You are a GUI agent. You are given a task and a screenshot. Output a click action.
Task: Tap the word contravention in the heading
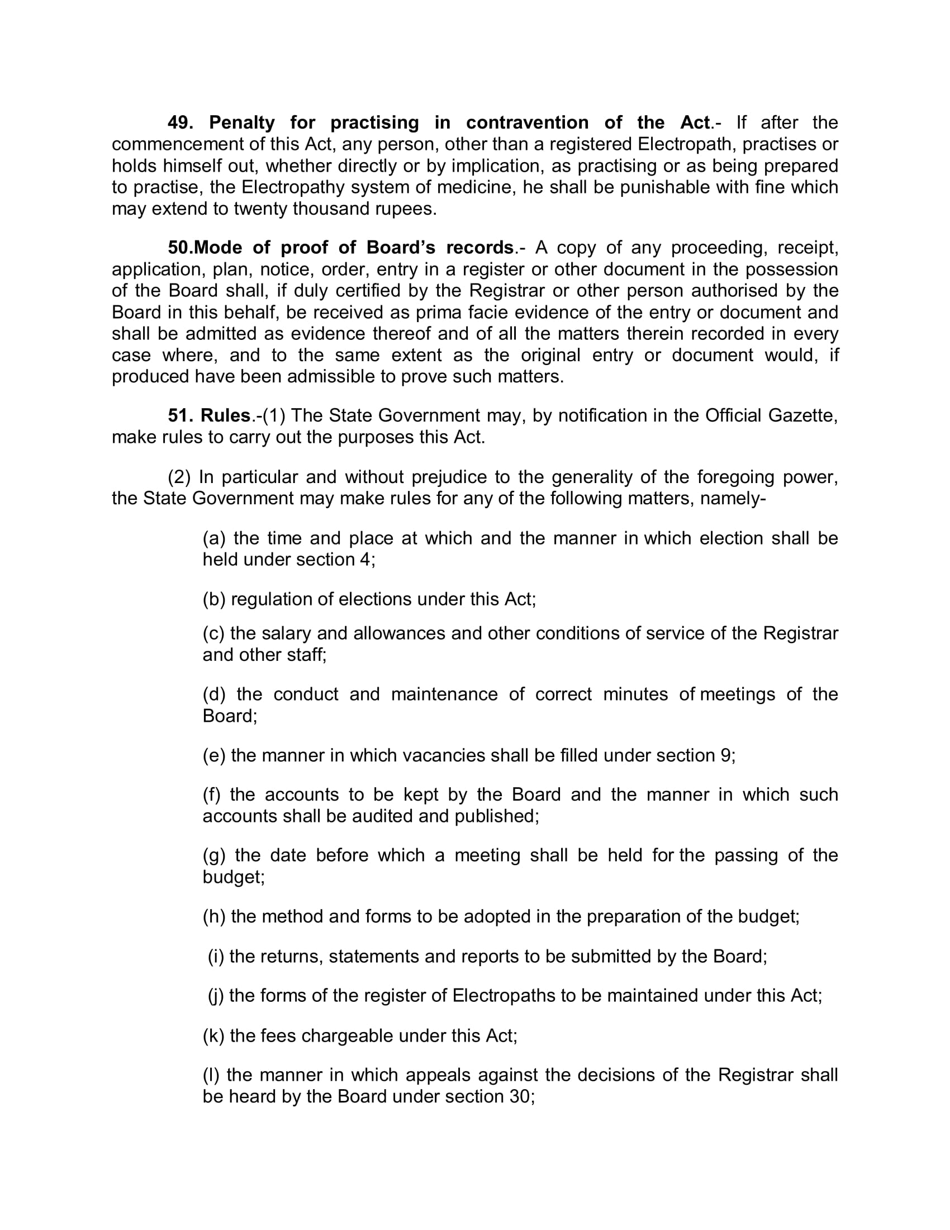click(528, 123)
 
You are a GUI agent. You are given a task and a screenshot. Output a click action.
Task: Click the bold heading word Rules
click(225, 415)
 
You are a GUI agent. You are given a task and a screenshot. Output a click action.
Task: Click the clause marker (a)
click(214, 538)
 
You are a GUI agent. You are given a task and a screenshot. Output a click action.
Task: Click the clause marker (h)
click(214, 916)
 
